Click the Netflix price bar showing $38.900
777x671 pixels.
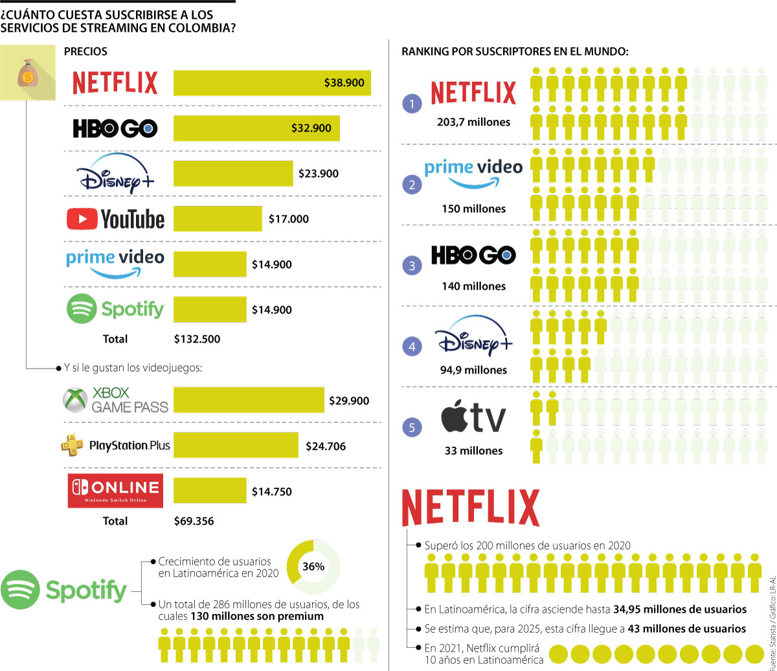pyautogui.click(x=272, y=82)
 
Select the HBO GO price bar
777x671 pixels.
pyautogui.click(x=256, y=128)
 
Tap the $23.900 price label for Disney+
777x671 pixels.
pyautogui.click(x=318, y=174)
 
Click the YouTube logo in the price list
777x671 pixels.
pyautogui.click(x=116, y=219)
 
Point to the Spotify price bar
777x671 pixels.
pyautogui.click(x=210, y=310)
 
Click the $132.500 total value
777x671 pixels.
pyautogui.click(x=197, y=339)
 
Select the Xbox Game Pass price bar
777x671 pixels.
pyautogui.click(x=249, y=400)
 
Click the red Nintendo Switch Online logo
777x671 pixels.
pyautogui.click(x=115, y=490)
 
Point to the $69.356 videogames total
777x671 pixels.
pyautogui.click(x=194, y=521)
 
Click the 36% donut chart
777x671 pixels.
pyautogui.click(x=313, y=566)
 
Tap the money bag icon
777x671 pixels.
pyautogui.click(x=27, y=73)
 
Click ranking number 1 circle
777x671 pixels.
pyautogui.click(x=412, y=103)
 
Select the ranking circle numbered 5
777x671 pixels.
pyautogui.click(x=412, y=427)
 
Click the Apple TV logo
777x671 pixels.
pyautogui.click(x=473, y=418)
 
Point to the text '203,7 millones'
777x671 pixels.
pyautogui.click(x=473, y=122)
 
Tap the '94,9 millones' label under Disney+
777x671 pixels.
pyautogui.click(x=473, y=370)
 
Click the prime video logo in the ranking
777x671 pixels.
pyautogui.click(x=473, y=172)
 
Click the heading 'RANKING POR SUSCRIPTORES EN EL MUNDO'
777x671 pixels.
pyautogui.click(x=515, y=51)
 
